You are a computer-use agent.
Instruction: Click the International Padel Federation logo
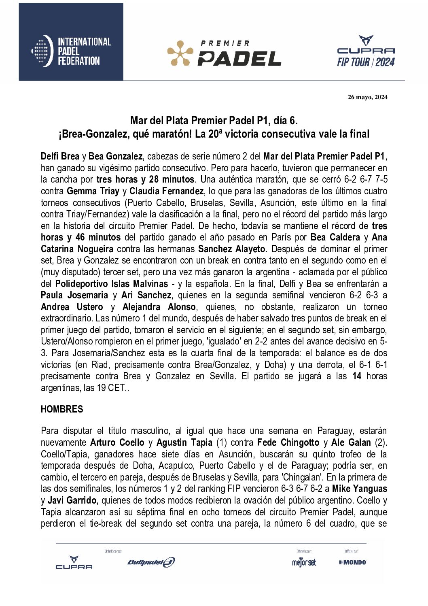71,51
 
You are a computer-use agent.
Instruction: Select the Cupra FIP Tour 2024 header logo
366,51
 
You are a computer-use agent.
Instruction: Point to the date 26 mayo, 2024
367,97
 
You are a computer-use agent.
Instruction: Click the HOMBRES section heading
62,409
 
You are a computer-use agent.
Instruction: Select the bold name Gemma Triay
93,191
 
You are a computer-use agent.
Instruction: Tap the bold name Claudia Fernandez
166,191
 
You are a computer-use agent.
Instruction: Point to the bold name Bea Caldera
335,237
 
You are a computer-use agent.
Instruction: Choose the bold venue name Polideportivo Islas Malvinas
111,284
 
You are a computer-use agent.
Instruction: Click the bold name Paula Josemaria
74,295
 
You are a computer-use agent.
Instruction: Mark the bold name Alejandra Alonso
159,307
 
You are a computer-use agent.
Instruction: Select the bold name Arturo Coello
117,442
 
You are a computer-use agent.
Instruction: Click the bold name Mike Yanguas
359,489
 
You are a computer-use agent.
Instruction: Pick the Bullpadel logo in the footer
151,562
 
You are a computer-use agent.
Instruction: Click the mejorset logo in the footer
304,562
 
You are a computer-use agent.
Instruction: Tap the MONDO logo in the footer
353,562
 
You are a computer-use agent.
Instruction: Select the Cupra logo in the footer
74,563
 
